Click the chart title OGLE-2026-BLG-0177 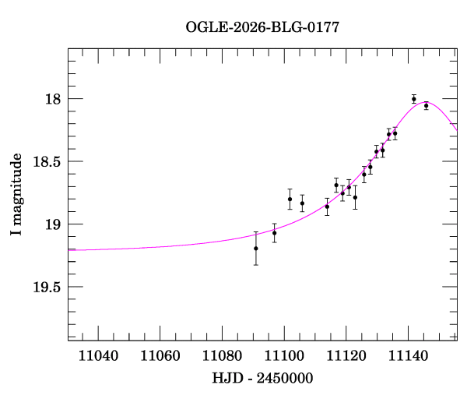click(x=262, y=26)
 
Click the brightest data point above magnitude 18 click(x=414, y=99)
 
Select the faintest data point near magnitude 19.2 click(x=256, y=249)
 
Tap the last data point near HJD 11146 click(x=427, y=105)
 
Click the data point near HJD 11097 click(x=275, y=232)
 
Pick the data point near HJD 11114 click(x=327, y=207)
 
